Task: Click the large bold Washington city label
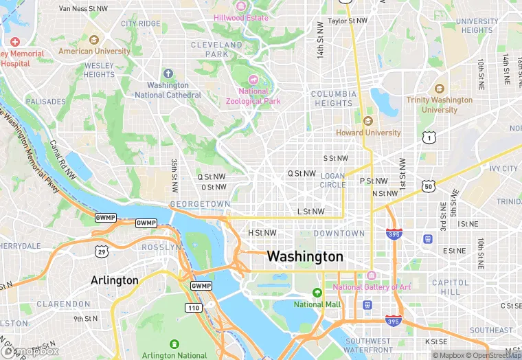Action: click(305, 256)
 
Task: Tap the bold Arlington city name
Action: click(114, 280)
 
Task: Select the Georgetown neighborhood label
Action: click(200, 204)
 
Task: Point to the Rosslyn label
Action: click(161, 247)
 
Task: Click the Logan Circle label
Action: click(333, 180)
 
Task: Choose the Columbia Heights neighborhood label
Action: click(334, 98)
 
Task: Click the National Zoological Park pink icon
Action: click(253, 80)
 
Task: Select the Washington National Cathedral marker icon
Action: click(168, 74)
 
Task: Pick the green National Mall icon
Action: click(317, 293)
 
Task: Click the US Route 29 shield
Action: click(101, 252)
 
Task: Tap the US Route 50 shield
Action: click(429, 186)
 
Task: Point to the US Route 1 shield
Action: click(429, 138)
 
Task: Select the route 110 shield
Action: click(194, 308)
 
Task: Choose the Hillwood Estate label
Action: click(241, 17)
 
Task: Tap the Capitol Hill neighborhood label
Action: click(450, 286)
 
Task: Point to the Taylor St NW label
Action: click(348, 21)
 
